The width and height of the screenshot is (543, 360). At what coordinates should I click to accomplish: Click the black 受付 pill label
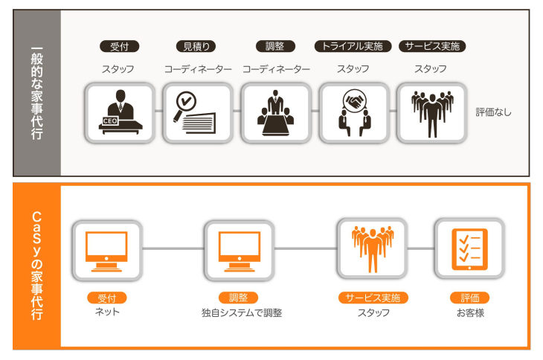pyautogui.click(x=119, y=46)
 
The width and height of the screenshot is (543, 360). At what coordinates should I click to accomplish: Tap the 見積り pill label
pyautogui.click(x=197, y=46)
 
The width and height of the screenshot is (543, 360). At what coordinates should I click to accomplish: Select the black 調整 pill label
pyautogui.click(x=275, y=46)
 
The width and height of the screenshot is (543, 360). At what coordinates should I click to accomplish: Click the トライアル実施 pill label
pyautogui.click(x=353, y=46)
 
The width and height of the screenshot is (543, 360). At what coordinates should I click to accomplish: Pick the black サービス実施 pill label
pyautogui.click(x=431, y=46)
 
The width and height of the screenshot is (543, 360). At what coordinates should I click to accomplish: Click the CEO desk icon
pyautogui.click(x=120, y=112)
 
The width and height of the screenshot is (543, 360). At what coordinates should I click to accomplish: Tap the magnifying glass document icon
pyautogui.click(x=198, y=112)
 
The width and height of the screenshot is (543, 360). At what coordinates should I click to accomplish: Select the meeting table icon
pyautogui.click(x=276, y=112)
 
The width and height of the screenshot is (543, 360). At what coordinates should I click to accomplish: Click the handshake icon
pyautogui.click(x=353, y=112)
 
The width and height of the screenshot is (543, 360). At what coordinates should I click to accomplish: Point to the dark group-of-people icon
pyautogui.click(x=431, y=112)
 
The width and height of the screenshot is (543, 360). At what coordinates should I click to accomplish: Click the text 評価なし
pyautogui.click(x=494, y=113)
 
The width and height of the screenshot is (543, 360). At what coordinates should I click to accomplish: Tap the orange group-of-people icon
pyautogui.click(x=372, y=248)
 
